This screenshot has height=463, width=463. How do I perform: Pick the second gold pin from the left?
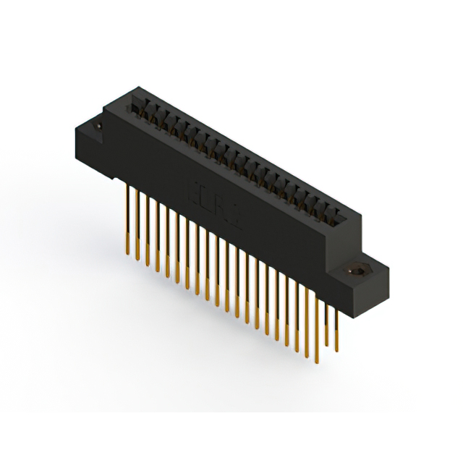click(137, 224)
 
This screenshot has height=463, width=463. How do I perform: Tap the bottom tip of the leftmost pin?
click(129, 255)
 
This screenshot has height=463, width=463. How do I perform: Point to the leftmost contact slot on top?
click(137, 105)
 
